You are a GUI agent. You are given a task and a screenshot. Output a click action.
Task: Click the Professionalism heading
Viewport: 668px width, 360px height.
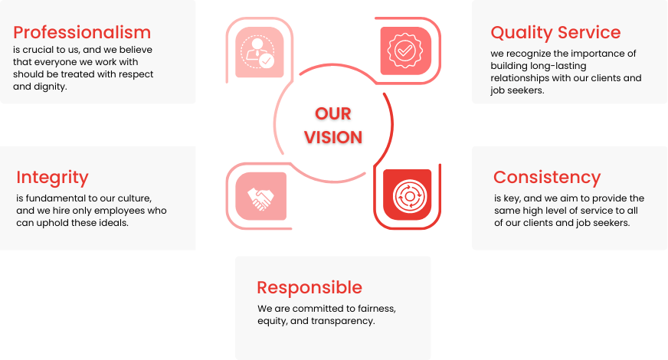[x=82, y=33]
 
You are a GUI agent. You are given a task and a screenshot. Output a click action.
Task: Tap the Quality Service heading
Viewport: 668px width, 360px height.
[x=555, y=33]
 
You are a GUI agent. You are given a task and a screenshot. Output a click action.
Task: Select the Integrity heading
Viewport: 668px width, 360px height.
[x=52, y=178]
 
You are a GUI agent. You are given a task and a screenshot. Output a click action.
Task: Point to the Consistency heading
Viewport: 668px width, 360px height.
[x=547, y=178]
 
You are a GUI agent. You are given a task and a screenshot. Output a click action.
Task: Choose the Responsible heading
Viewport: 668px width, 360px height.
[x=309, y=288]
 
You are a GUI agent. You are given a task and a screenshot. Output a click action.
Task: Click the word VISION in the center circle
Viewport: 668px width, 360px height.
[x=333, y=137]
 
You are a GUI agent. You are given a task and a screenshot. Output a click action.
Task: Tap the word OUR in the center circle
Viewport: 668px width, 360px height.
[x=333, y=114]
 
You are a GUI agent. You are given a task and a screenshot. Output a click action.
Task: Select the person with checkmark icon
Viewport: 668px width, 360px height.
[x=257, y=52]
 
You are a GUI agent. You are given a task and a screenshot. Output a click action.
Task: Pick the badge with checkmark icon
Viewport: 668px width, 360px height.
[x=405, y=51]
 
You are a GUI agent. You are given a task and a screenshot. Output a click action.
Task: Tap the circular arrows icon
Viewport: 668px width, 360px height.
[x=409, y=196]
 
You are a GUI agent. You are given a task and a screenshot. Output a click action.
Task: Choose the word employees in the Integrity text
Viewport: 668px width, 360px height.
[x=120, y=211]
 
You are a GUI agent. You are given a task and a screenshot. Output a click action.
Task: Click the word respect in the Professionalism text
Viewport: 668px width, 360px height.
[x=137, y=74]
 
